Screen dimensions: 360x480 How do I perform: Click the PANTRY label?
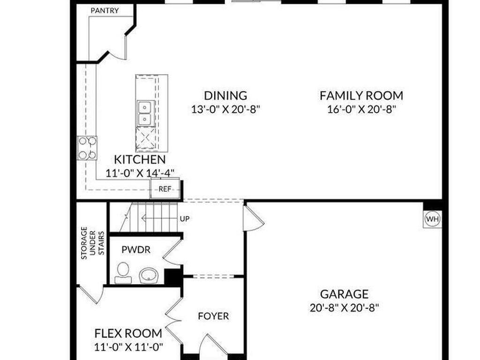coord(105,11)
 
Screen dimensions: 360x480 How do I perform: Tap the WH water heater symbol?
coord(432,219)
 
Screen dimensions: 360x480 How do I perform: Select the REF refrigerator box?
coord(164,189)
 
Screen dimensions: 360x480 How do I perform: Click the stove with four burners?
coord(87,148)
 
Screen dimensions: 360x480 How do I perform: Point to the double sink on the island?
coord(145,113)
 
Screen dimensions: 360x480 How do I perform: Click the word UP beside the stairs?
coord(185,219)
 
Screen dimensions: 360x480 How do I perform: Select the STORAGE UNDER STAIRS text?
coord(91,243)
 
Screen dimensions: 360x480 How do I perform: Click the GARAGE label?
coord(344,294)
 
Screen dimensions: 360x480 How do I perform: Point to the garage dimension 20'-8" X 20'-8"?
coord(344,308)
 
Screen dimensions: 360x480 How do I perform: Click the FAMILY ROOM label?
coord(361,96)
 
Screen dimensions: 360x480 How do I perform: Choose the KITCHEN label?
coord(140,159)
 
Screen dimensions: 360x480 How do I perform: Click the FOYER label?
coord(213,316)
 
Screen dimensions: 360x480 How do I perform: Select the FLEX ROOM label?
coord(128,334)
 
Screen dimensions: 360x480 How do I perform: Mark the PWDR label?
coord(136,250)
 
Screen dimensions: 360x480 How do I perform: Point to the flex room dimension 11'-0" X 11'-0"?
coord(128,347)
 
